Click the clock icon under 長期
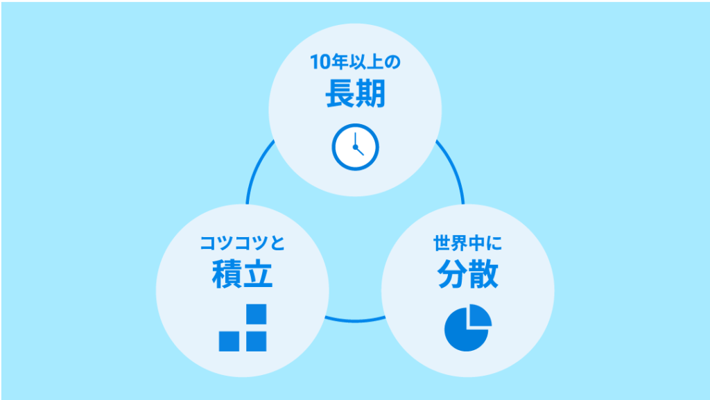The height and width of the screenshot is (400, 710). tap(355, 147)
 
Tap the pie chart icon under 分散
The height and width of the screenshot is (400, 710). tap(468, 328)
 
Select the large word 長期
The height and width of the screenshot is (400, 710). tap(355, 93)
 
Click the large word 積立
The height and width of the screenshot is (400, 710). tap(242, 274)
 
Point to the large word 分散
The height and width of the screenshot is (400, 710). tap(468, 274)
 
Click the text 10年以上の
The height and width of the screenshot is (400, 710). tap(355, 62)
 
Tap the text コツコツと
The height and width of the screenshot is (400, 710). tap(242, 243)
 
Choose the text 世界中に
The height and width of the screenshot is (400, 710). tap(468, 243)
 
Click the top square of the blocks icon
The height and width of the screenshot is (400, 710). tap(257, 314)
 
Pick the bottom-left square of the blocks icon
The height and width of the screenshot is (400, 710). tap(229, 341)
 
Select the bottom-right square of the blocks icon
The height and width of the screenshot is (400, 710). tap(257, 341)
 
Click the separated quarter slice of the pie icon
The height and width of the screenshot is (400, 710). tap(481, 315)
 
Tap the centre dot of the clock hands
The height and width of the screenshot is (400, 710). tap(355, 147)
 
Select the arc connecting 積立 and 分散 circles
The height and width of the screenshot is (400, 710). tap(355, 320)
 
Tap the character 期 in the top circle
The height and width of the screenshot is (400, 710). tap(371, 93)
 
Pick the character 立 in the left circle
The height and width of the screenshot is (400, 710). tap(258, 275)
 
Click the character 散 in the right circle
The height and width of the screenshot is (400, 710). tap(483, 274)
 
